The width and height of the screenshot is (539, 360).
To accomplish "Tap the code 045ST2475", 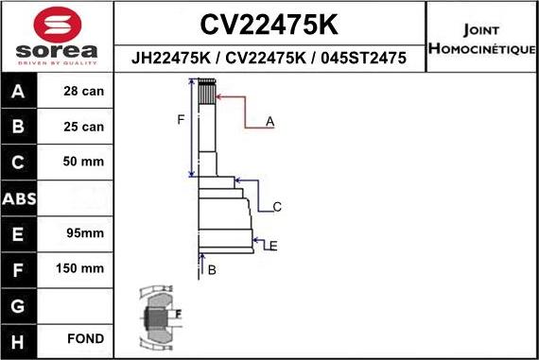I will pyautogui.click(x=364, y=59).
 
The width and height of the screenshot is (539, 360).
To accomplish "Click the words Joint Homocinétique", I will pyautogui.click(x=481, y=39).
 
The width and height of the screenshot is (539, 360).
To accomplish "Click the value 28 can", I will pyautogui.click(x=83, y=92).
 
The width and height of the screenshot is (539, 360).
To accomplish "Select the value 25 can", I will pyautogui.click(x=83, y=127).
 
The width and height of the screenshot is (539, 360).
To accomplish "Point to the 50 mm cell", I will pyautogui.click(x=83, y=162).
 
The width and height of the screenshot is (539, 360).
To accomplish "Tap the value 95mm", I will pyautogui.click(x=83, y=232).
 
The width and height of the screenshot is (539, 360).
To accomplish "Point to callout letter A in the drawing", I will pyautogui.click(x=270, y=121).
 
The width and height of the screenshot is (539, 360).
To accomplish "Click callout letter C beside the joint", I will pyautogui.click(x=277, y=207).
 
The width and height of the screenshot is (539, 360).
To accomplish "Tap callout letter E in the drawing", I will pyautogui.click(x=272, y=246).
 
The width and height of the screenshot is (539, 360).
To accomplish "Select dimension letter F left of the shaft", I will pyautogui.click(x=181, y=119).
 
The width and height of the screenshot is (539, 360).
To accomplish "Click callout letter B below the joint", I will pyautogui.click(x=212, y=270).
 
